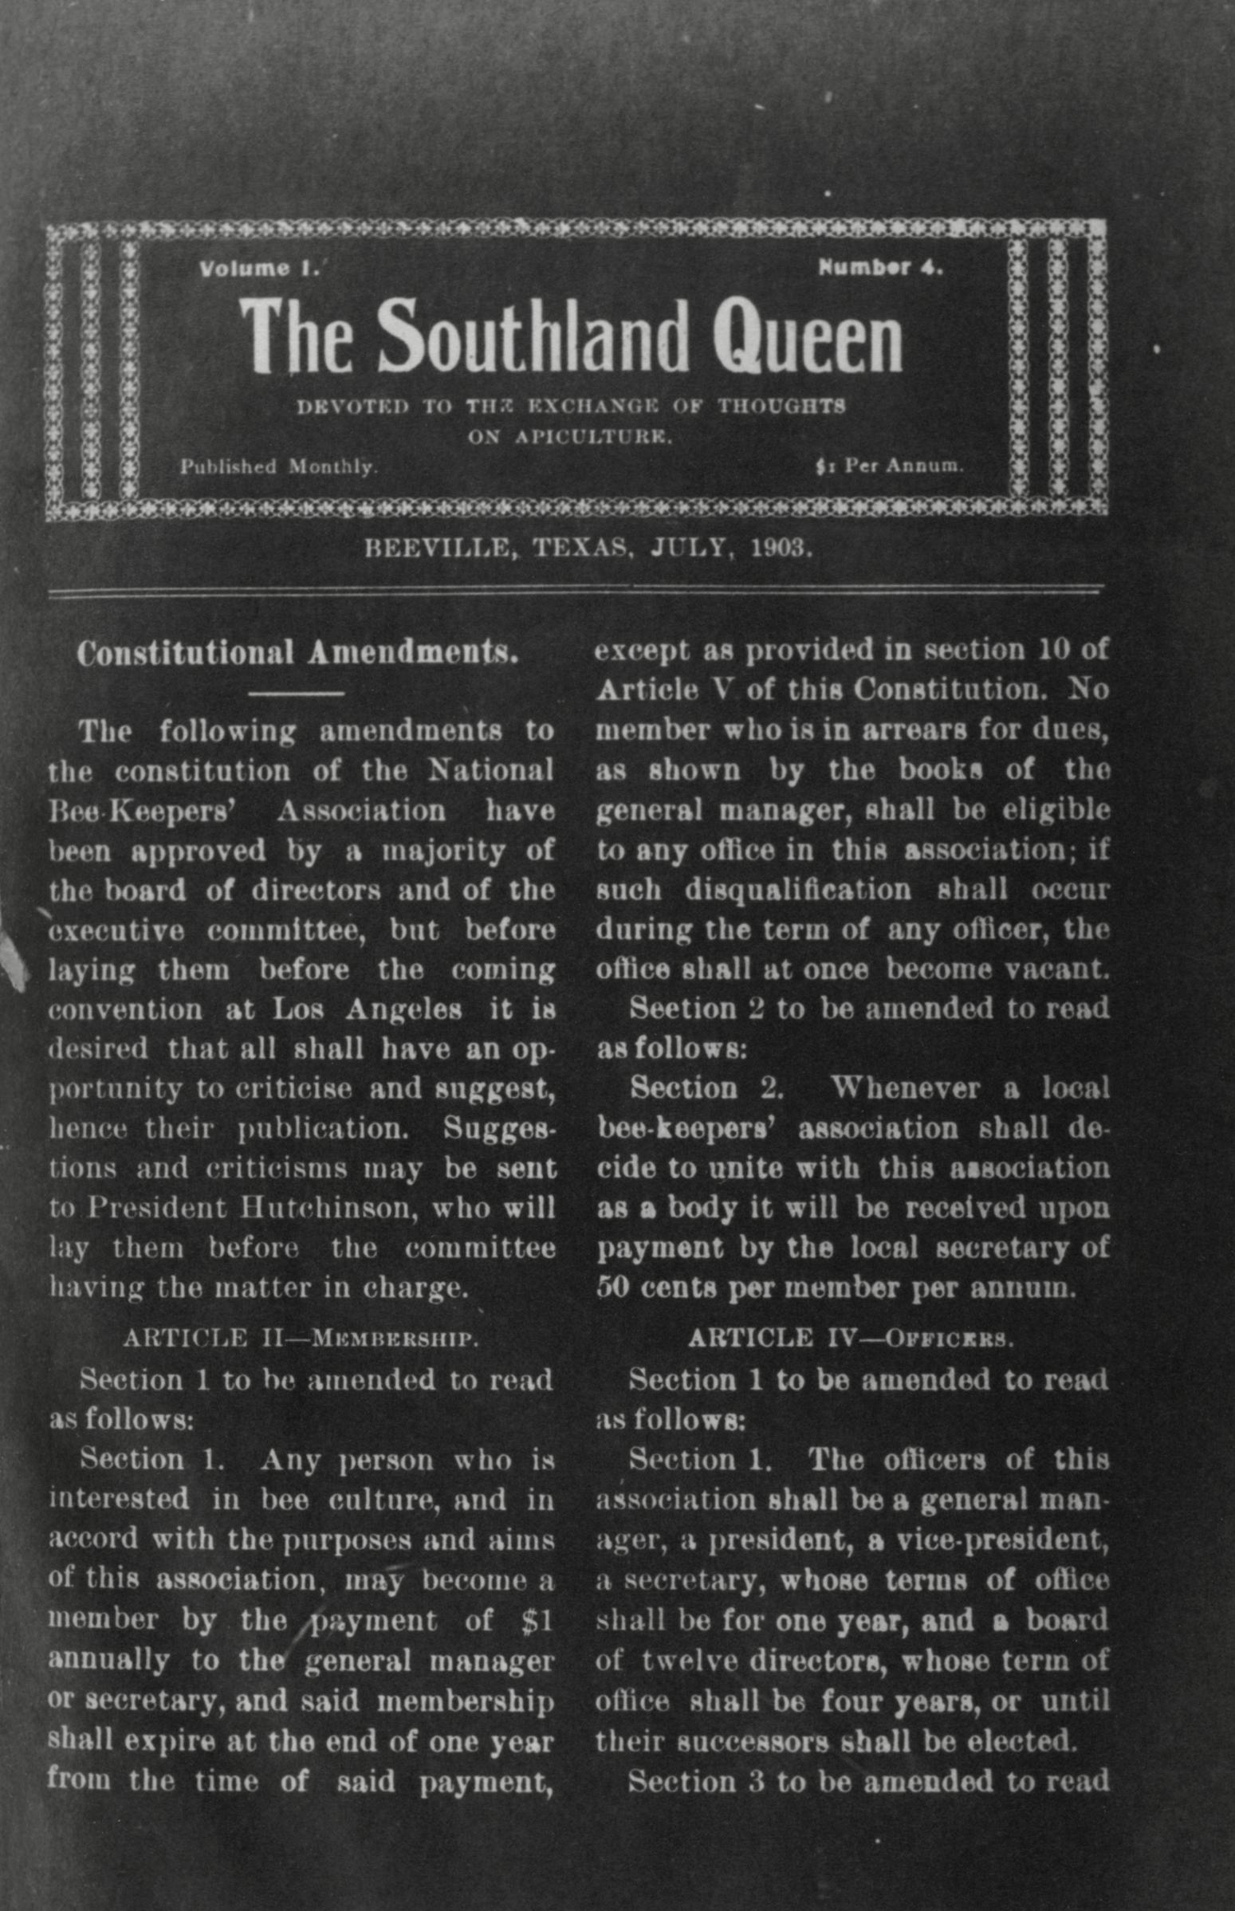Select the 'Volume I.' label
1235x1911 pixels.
pos(260,269)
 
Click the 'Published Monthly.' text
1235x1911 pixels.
pos(278,466)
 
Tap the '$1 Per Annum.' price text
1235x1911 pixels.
pos(888,466)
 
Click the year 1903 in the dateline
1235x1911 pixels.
pos(782,548)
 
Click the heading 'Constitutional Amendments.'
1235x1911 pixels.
pos(297,653)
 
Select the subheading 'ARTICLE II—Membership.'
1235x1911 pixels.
pos(301,1339)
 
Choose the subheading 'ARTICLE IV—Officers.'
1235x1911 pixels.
pos(850,1339)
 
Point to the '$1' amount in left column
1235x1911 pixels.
pos(537,1621)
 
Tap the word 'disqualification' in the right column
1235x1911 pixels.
pos(798,891)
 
